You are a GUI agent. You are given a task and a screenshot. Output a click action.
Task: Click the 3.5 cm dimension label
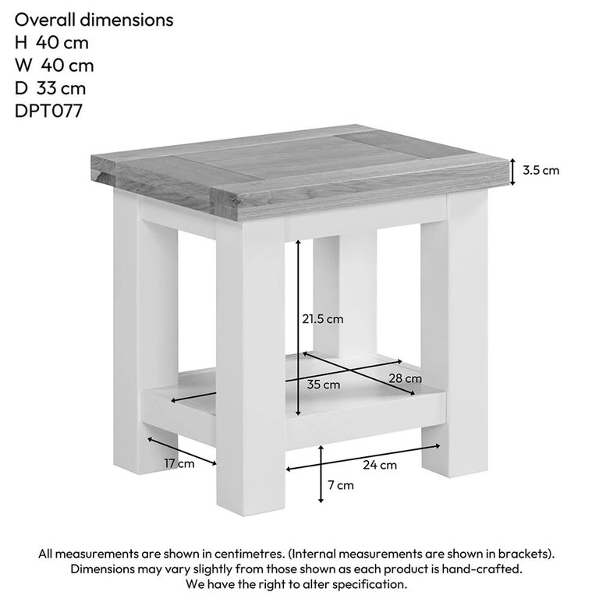(541, 170)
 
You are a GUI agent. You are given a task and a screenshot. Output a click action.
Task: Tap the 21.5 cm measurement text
(323, 318)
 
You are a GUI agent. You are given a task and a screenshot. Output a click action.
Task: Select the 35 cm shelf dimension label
(323, 385)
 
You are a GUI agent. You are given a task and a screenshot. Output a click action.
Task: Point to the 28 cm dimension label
(405, 378)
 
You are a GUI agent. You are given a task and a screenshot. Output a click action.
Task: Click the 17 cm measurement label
(179, 464)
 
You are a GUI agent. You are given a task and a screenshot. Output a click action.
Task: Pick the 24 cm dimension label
(380, 465)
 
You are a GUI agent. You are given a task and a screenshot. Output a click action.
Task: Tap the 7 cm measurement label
(340, 485)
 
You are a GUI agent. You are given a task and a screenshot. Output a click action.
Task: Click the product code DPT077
(48, 111)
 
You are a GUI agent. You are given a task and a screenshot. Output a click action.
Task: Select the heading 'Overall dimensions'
(94, 20)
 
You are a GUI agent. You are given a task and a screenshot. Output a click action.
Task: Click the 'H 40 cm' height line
(51, 43)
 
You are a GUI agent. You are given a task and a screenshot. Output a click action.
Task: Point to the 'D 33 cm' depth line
(50, 88)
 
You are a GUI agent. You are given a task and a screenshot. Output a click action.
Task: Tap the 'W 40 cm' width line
(54, 66)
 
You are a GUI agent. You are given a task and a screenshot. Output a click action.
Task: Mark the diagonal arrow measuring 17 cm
(182, 450)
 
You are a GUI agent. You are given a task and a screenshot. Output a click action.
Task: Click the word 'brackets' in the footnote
(526, 554)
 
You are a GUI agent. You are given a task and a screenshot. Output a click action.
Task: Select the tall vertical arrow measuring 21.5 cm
(299, 328)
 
